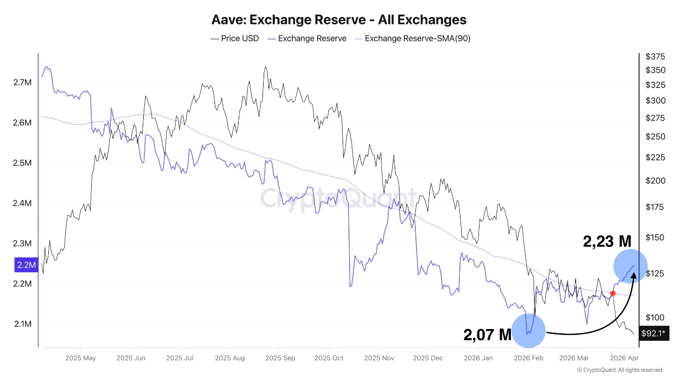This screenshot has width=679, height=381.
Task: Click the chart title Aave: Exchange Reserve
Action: coord(339,20)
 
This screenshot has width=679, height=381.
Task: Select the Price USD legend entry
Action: coord(235,38)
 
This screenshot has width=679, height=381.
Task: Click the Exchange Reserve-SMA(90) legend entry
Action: coord(412,38)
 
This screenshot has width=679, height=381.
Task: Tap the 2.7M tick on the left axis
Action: coord(22,83)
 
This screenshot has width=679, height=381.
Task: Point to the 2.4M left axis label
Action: coord(22,203)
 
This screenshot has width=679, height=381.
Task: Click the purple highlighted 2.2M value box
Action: coord(25,264)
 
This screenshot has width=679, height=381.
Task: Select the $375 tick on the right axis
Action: coord(655,57)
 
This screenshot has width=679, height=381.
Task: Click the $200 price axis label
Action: coord(655,181)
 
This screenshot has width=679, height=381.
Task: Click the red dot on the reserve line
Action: coord(613,293)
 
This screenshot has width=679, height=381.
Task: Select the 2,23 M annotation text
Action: coord(607,242)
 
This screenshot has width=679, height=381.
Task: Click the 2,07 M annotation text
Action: coord(487,335)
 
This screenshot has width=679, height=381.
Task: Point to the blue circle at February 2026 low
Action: coord(528,330)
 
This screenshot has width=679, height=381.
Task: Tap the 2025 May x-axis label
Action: coord(81,358)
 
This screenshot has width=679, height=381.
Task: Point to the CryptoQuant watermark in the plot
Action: coord(338,199)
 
